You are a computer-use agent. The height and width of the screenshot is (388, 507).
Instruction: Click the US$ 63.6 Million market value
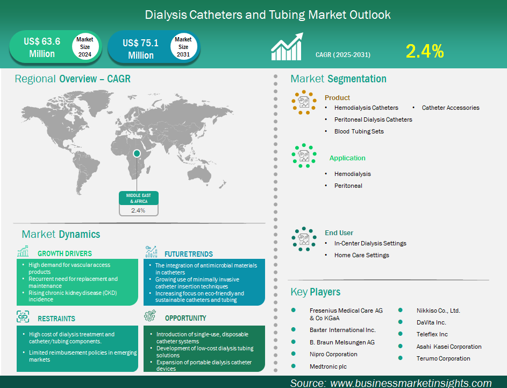pyautogui.click(x=41, y=47)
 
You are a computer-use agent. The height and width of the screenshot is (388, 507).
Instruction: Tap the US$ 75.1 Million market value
pyautogui.click(x=140, y=49)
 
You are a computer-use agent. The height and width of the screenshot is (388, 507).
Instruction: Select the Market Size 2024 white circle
pyautogui.click(x=84, y=47)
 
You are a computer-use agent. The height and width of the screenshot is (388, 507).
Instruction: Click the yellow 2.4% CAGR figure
pyautogui.click(x=425, y=52)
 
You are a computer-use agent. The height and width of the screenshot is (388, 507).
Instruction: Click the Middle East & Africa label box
pyautogui.click(x=138, y=197)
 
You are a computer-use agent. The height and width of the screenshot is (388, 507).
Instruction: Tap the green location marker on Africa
pyautogui.click(x=137, y=153)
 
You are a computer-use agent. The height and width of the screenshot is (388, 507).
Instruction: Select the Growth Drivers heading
pyautogui.click(x=65, y=253)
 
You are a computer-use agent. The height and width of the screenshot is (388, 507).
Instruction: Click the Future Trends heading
pyautogui.click(x=188, y=254)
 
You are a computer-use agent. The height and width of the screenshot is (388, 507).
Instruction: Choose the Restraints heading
pyautogui.click(x=56, y=319)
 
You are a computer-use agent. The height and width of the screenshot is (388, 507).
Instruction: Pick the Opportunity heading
pyautogui.click(x=185, y=318)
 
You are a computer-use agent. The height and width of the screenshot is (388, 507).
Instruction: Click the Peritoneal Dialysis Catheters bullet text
pyautogui.click(x=373, y=119)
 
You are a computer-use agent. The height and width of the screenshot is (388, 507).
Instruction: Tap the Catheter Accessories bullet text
pyautogui.click(x=450, y=108)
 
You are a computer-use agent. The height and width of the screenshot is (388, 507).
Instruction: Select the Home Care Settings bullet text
pyautogui.click(x=361, y=255)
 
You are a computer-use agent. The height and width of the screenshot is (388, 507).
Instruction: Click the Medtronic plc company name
pyautogui.click(x=328, y=366)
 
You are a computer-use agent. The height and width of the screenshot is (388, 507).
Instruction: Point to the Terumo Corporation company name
pyautogui.click(x=443, y=358)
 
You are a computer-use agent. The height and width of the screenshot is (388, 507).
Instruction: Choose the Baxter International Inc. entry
pyautogui.click(x=342, y=330)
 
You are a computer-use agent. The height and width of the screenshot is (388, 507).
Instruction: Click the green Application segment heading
pyautogui.click(x=347, y=158)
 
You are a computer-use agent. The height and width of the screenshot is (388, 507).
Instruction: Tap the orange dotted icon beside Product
pyautogui.click(x=304, y=101)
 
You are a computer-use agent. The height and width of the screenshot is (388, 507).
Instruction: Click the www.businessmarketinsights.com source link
pyautogui.click(x=411, y=383)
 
